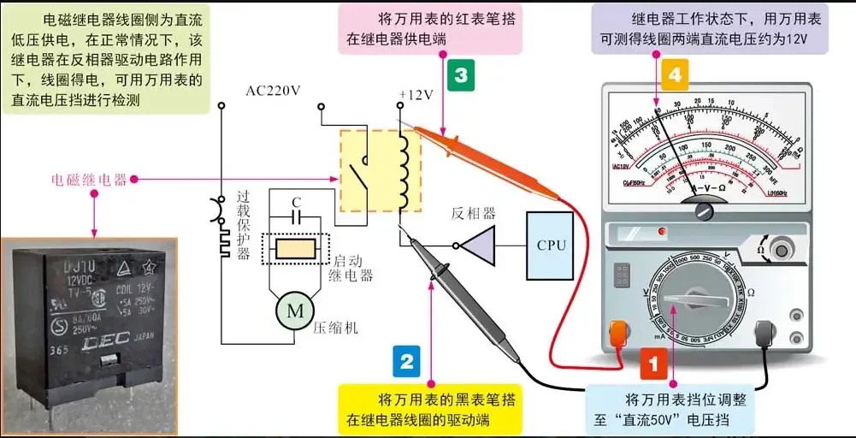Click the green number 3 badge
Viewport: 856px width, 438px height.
[461, 74]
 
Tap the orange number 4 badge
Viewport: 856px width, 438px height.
[675, 74]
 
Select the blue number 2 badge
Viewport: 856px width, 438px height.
[406, 361]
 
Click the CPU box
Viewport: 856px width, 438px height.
[552, 246]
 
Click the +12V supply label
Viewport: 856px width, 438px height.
[416, 95]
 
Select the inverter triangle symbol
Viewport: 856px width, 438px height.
[480, 246]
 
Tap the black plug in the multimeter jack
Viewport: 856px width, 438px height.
[765, 334]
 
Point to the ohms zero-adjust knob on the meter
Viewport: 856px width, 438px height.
[780, 249]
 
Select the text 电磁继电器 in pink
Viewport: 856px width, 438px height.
[89, 180]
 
